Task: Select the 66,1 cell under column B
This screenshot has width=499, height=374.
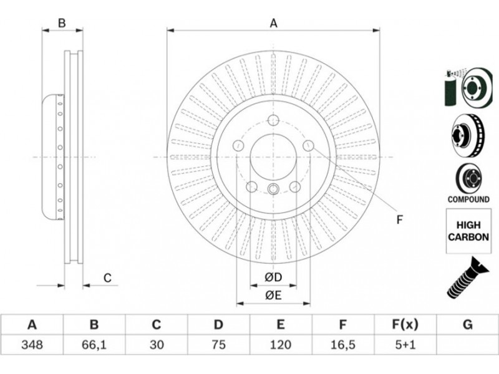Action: tap(94, 344)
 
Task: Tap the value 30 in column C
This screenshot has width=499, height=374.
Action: tap(156, 344)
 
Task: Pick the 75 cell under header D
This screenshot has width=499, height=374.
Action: tap(218, 344)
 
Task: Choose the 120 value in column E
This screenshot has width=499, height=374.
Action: tap(281, 344)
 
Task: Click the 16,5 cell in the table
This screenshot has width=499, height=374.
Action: tap(342, 344)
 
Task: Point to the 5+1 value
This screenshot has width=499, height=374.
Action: tap(405, 344)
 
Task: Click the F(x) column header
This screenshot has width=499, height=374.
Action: tap(405, 324)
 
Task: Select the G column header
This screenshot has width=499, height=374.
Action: tap(468, 324)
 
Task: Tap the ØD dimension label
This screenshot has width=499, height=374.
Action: tap(273, 277)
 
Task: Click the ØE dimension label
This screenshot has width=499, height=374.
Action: tap(273, 295)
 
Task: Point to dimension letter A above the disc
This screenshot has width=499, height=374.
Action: tap(273, 24)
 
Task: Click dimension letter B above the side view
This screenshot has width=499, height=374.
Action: tap(62, 24)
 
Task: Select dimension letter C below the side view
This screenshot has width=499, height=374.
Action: tap(107, 278)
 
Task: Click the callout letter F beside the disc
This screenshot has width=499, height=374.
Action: tap(400, 219)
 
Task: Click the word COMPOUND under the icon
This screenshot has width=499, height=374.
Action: tap(468, 199)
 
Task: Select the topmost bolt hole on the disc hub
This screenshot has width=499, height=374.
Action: tap(273, 121)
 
